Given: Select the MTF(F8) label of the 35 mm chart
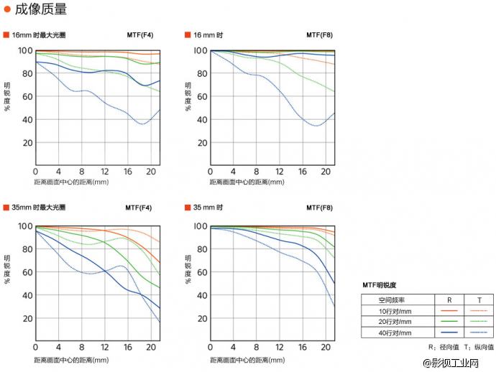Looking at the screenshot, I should [319, 208].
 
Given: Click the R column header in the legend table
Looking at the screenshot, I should [449, 299].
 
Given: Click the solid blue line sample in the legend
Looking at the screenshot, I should [449, 333].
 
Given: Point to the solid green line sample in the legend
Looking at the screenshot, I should [449, 322].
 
